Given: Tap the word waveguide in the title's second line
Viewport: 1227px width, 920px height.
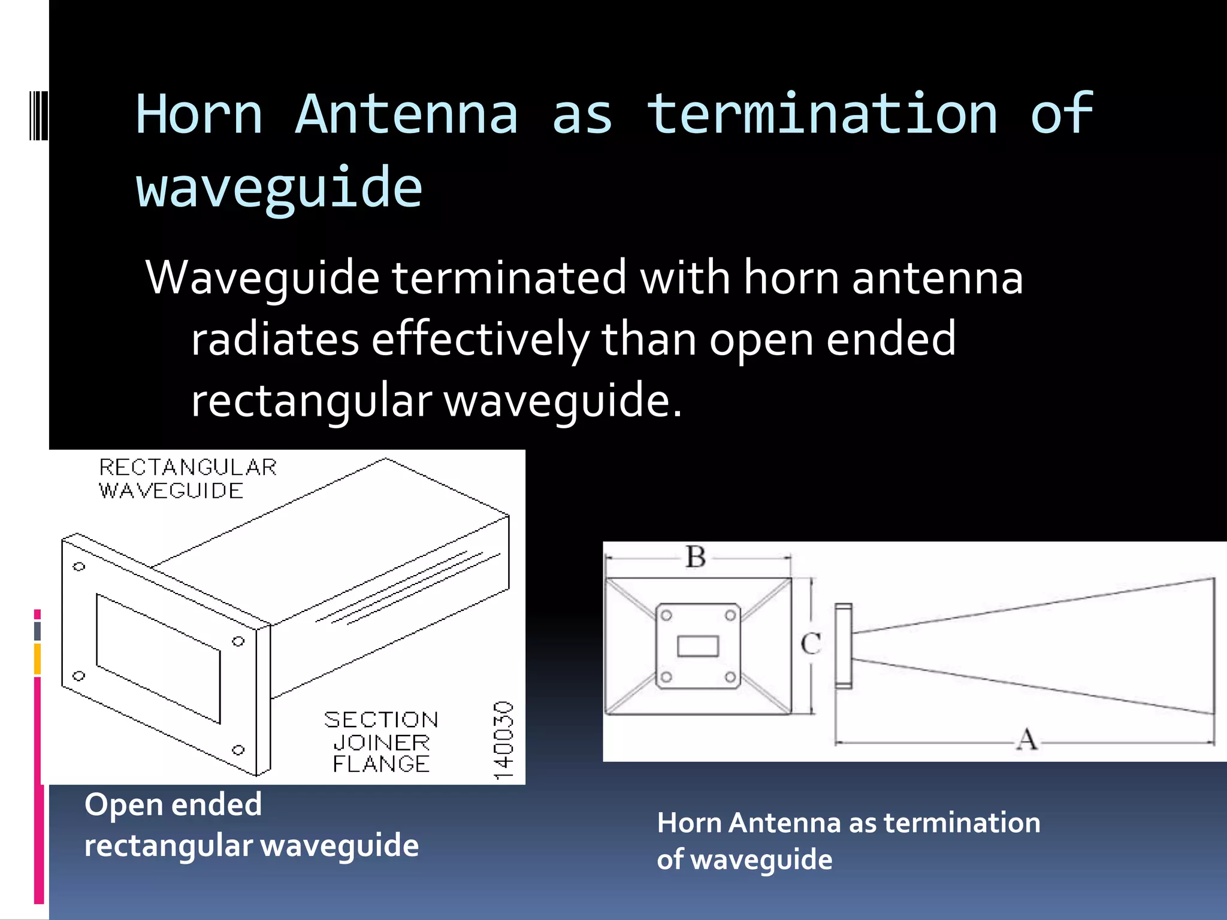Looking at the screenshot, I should click(x=279, y=188).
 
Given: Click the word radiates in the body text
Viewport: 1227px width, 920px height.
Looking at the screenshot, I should click(x=274, y=339).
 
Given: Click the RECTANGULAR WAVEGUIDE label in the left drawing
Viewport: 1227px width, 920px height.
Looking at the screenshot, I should click(x=187, y=479).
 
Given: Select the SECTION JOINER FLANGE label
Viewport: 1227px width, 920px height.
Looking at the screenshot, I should click(x=381, y=742).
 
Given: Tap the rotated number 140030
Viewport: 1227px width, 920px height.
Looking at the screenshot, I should click(x=504, y=740).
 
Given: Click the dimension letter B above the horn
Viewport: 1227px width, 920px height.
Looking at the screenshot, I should click(x=696, y=557).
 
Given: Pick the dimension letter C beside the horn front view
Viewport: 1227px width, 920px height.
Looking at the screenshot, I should click(x=811, y=644).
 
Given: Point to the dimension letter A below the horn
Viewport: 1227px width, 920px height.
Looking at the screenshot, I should click(x=1027, y=739).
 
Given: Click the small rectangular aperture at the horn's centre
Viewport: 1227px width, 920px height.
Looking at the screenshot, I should click(x=698, y=646).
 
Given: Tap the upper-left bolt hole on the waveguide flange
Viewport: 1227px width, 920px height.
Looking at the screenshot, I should click(x=79, y=567).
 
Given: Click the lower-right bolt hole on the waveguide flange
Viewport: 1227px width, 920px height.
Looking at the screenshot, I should click(x=238, y=750).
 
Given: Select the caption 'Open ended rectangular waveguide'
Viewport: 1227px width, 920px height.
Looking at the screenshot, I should click(x=251, y=824).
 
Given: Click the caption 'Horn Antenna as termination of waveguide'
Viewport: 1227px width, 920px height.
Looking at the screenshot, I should click(x=848, y=840).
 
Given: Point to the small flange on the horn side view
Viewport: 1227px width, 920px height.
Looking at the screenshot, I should click(x=844, y=646).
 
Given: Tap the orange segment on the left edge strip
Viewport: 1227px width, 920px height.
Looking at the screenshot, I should click(x=37, y=659).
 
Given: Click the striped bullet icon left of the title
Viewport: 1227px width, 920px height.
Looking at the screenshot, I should click(x=38, y=115).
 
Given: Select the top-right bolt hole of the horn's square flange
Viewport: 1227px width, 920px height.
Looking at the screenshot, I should click(x=730, y=616).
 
